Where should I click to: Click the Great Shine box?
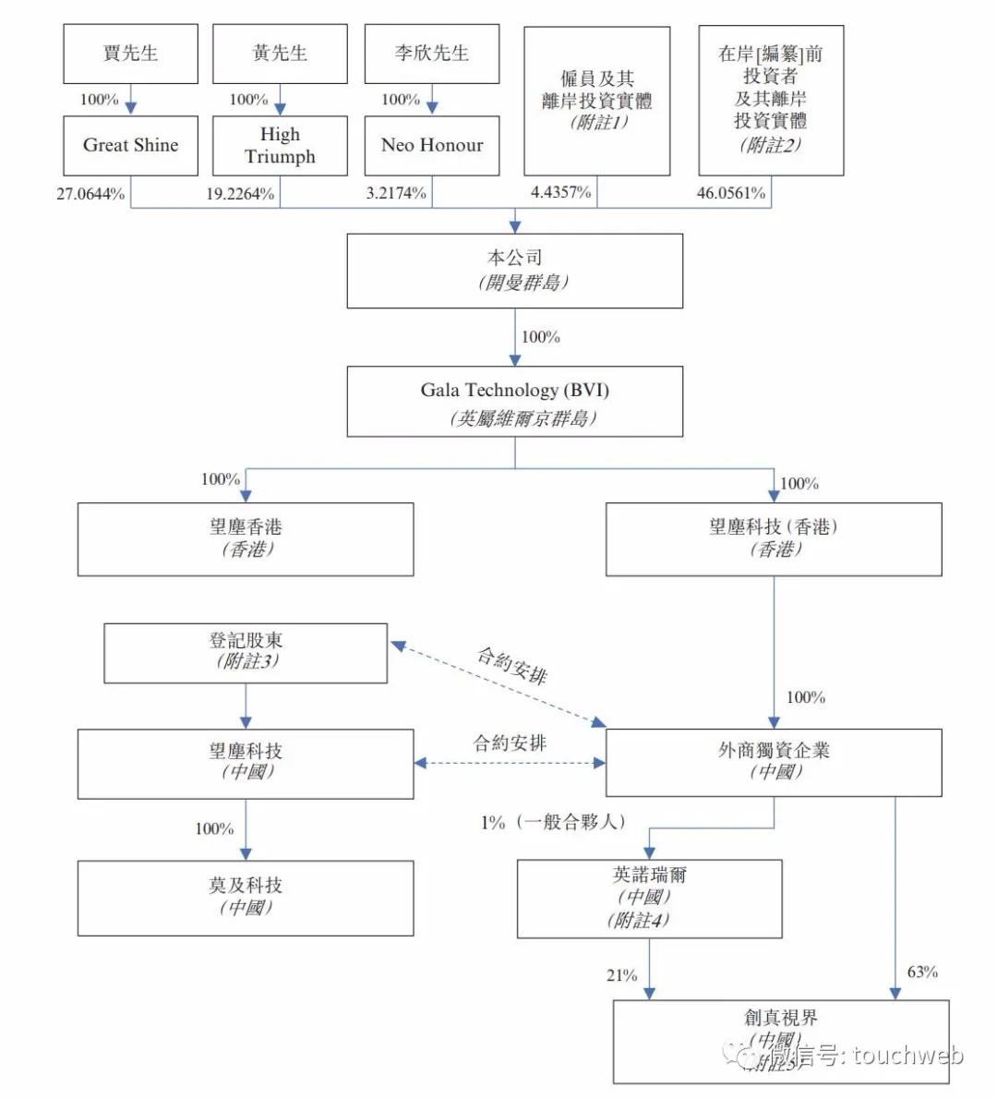130,145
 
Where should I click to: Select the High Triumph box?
280,145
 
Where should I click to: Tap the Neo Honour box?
432,145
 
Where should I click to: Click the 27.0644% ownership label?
90,194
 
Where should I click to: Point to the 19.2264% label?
240,194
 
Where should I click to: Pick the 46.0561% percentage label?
730,193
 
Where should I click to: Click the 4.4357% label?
560,193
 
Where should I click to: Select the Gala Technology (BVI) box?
514,402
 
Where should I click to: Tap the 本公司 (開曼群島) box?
514,271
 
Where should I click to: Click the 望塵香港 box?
246,539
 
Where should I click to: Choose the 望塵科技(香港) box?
774,539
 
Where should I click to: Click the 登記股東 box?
246,653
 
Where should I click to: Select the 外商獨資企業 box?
774,762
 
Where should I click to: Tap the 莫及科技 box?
246,898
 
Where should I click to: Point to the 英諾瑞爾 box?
649,899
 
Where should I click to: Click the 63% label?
922,972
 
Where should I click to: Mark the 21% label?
622,975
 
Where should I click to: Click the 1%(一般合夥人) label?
553,822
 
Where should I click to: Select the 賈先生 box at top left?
130,54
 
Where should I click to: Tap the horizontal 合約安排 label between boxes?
510,743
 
